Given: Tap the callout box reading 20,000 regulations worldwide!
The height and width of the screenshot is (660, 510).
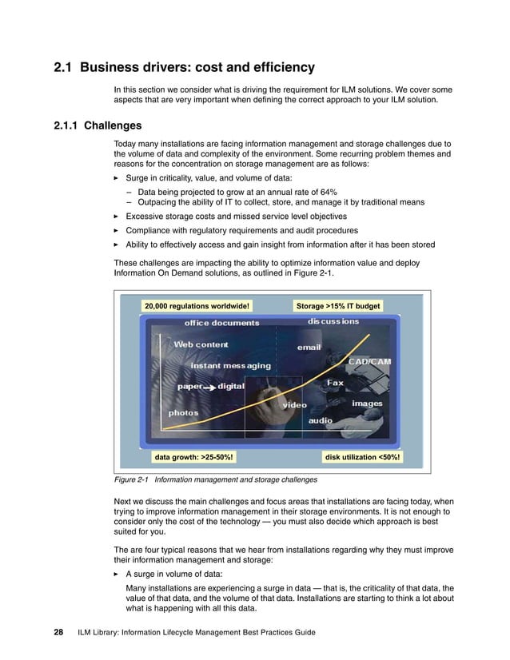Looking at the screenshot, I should tap(197, 305).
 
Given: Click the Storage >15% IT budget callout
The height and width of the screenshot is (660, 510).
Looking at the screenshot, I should tap(337, 305).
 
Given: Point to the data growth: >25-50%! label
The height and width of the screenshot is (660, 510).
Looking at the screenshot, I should tap(193, 457).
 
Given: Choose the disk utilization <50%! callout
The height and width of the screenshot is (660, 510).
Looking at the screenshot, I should tap(363, 457).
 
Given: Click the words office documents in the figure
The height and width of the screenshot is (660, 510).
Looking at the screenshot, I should tap(221, 323).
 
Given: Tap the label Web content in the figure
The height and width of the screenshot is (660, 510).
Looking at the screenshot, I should tap(201, 344).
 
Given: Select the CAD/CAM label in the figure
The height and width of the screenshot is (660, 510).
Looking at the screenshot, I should tap(369, 361).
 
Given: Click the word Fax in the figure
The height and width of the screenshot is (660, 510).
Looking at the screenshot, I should tap(335, 384).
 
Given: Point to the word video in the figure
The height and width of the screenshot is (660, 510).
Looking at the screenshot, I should tap(293, 405).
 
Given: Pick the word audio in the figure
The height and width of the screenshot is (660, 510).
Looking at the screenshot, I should tap(321, 420).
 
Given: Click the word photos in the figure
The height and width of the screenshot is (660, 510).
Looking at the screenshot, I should tap(183, 413).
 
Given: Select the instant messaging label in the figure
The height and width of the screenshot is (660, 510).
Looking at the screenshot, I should tap(230, 365).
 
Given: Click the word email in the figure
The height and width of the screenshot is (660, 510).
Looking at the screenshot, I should tap(309, 348).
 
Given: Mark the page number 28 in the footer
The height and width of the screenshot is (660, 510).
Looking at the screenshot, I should tap(58, 633).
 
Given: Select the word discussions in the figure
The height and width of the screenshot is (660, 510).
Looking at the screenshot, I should tap(333, 322).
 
